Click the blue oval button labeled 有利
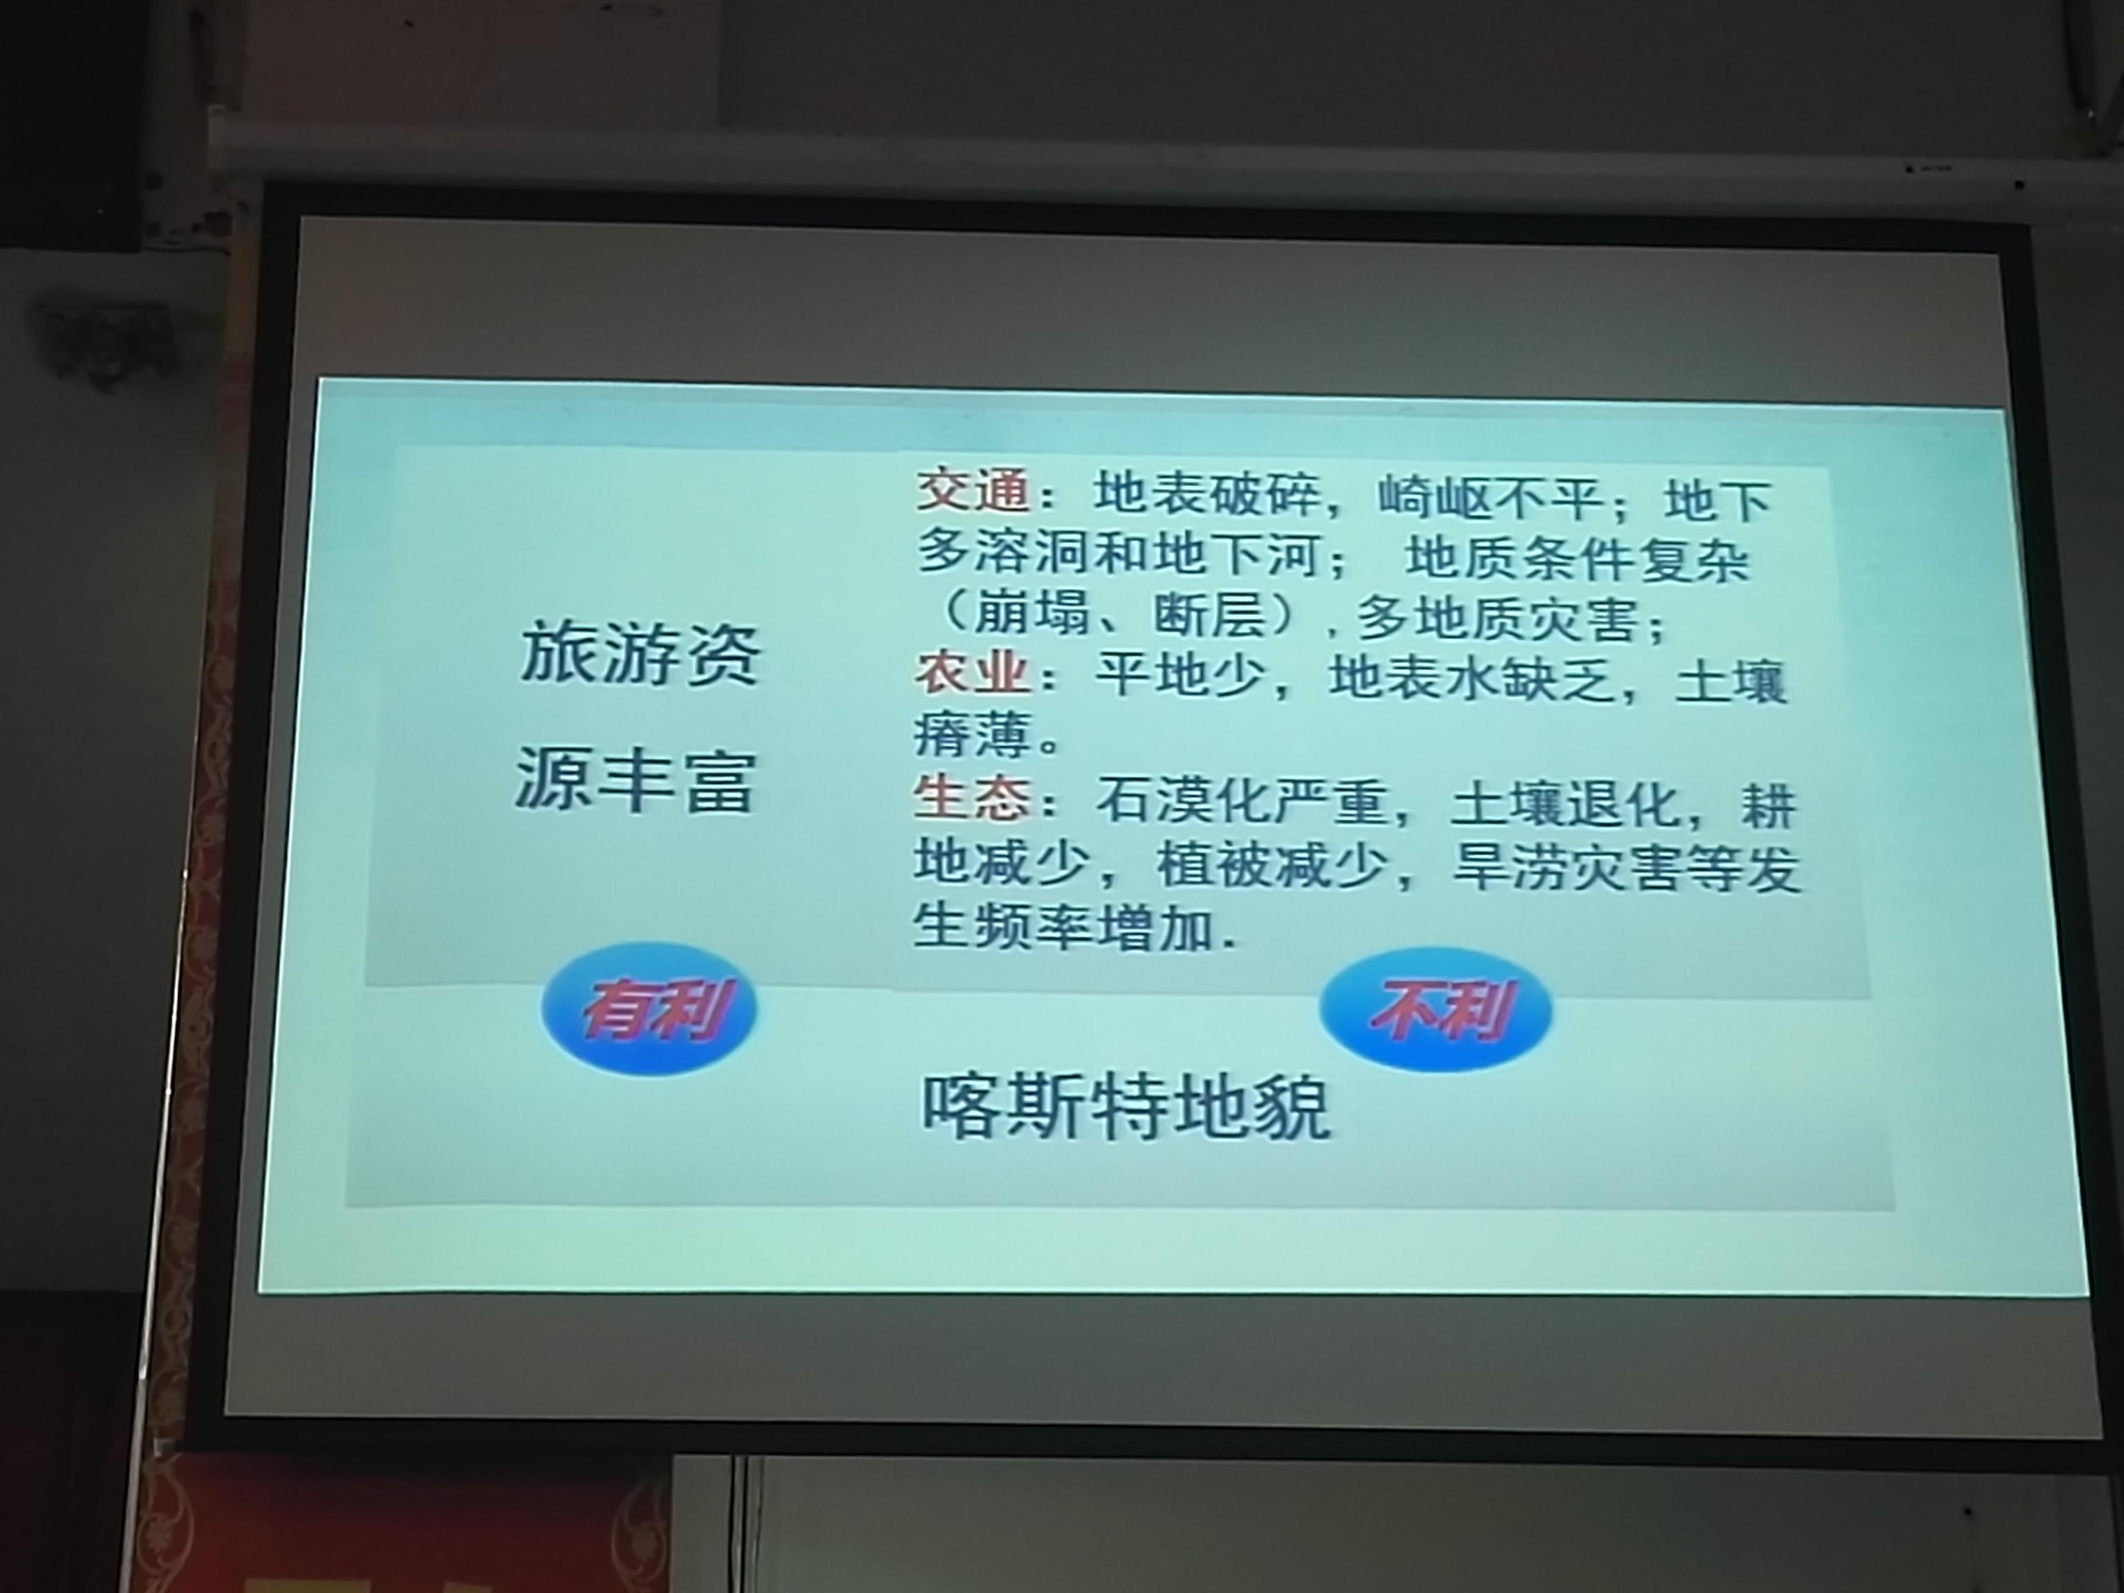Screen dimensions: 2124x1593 point(650,1008)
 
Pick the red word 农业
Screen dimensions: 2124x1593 point(971,674)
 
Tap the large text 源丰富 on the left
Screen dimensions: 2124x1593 point(635,780)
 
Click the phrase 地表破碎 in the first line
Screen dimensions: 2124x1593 point(1208,494)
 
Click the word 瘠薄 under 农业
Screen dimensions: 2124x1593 point(971,734)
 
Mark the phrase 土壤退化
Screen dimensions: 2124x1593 point(1565,805)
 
